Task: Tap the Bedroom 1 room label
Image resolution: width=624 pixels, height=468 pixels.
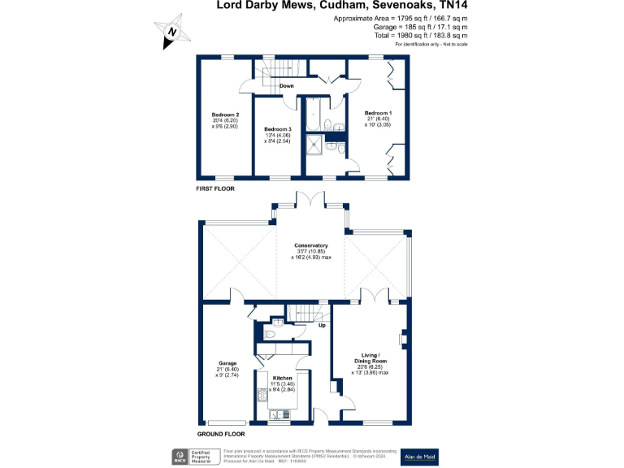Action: click(378, 113)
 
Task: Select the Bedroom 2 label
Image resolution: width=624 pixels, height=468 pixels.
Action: click(225, 115)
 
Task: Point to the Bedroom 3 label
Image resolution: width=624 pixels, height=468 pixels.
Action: click(278, 129)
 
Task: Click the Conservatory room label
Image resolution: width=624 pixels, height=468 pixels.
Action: click(311, 245)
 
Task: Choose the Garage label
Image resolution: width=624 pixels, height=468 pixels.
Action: click(227, 363)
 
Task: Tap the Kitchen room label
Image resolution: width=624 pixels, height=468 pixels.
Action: click(282, 379)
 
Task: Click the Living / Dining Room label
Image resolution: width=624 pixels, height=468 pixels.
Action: click(375, 357)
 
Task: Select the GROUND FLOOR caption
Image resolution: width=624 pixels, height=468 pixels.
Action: click(220, 434)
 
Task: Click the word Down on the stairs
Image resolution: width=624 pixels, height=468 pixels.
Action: click(287, 85)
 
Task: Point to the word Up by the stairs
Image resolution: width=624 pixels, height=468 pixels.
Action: click(321, 327)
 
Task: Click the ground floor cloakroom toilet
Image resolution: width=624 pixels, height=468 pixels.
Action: click(271, 334)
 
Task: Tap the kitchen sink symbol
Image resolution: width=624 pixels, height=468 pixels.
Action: click(280, 414)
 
